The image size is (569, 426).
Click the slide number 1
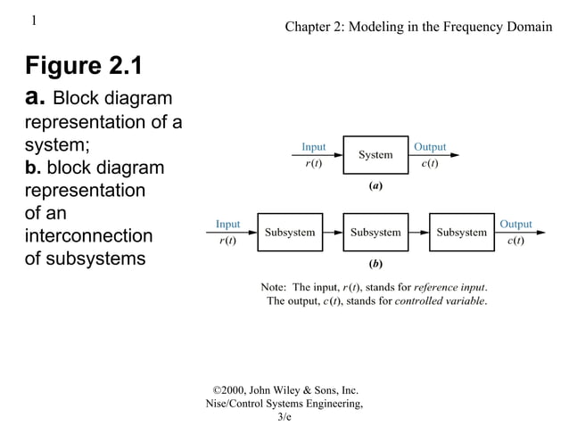click(33, 20)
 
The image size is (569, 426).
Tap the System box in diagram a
click(375, 155)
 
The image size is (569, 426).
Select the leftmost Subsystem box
click(290, 233)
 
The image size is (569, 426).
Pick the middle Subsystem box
click(375, 233)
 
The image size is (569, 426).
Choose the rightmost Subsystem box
click(461, 233)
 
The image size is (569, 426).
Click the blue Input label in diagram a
click(313, 146)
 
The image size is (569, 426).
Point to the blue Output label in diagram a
click(430, 146)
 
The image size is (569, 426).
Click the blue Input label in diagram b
click(227, 224)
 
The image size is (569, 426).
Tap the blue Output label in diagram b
click(515, 224)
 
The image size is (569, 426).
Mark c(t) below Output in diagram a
click(430, 164)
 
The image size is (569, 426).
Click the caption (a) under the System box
click(375, 186)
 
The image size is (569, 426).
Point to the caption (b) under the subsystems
click(375, 265)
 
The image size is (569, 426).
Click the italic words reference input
click(450, 287)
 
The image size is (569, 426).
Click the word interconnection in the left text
click(88, 236)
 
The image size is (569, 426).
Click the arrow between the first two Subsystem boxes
click(332, 233)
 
